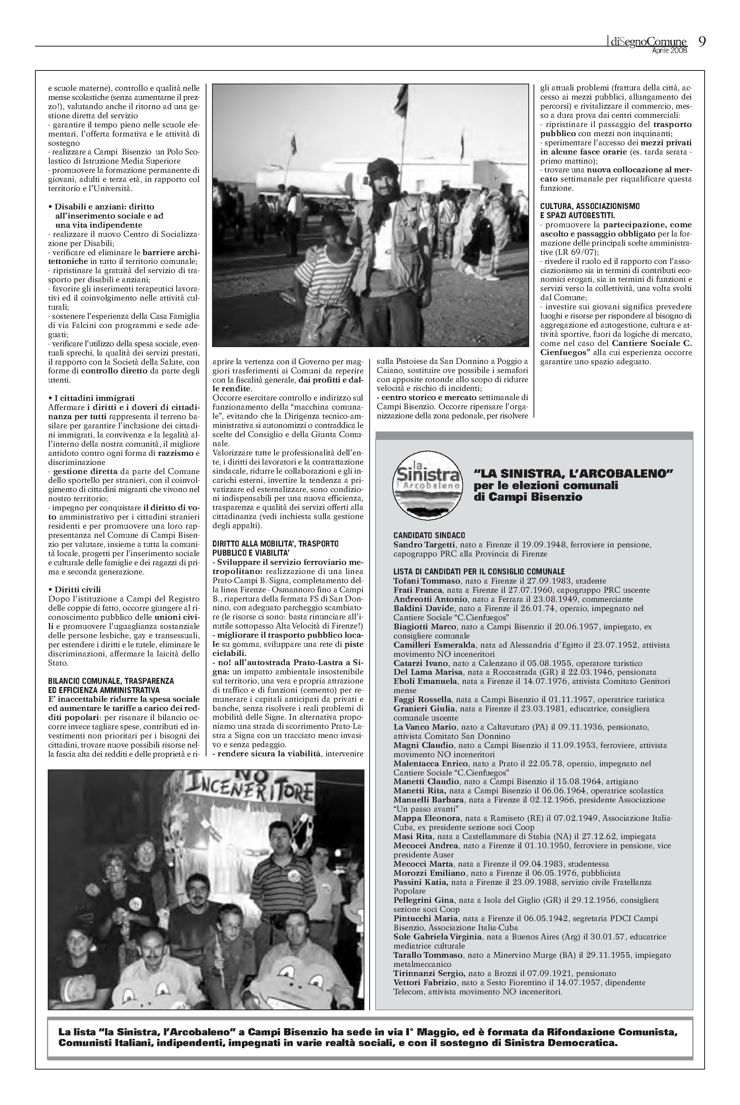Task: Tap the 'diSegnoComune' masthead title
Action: tap(647, 43)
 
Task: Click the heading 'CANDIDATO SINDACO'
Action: tap(429, 535)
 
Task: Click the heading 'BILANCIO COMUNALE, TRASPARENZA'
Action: tap(111, 681)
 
